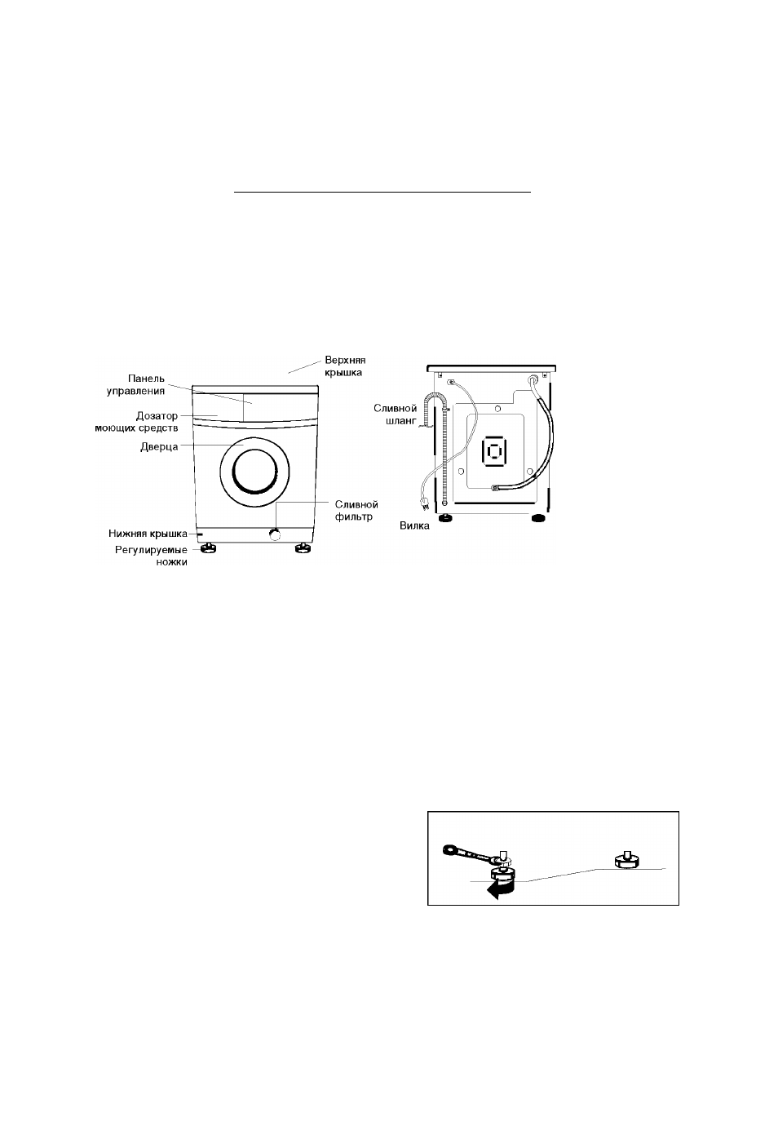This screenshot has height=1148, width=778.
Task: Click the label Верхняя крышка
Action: pos(345,366)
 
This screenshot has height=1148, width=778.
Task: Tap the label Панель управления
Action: pos(135,384)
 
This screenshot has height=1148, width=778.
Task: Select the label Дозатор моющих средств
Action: pos(136,421)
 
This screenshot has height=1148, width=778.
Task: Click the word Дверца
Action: pos(159,447)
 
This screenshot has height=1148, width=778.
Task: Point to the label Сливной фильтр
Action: pos(356,511)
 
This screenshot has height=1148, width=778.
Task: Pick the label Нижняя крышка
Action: pos(148,534)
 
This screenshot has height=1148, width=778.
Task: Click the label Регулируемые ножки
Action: pos(151,556)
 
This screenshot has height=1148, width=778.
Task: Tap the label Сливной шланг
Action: pos(395,414)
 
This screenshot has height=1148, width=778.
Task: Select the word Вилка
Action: pos(414,525)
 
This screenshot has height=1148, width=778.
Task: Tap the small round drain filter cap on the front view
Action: pos(275,535)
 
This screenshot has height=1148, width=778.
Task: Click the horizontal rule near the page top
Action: pos(382,193)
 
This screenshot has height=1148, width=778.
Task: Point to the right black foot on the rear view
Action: pos(537,519)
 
